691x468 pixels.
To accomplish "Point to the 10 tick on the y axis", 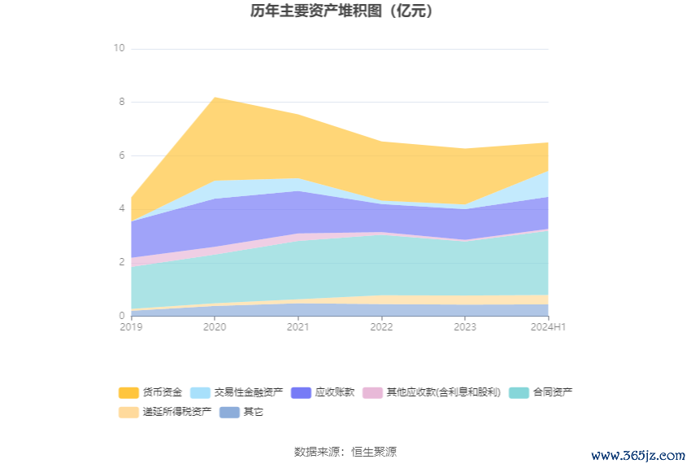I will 119,48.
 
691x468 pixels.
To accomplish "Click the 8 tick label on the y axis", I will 121,102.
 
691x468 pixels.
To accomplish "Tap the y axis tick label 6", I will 121,155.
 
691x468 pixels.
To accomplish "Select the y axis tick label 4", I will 121,208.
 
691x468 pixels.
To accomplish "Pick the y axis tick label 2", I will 121,262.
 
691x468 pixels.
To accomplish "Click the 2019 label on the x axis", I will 131,327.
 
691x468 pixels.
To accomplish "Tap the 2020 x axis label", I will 215,327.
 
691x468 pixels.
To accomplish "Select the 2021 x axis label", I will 298,327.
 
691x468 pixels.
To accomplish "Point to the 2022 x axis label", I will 381,327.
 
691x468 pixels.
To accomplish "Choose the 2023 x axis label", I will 465,327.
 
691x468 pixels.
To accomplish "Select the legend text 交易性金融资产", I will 249,392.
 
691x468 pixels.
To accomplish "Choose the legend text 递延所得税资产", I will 177,412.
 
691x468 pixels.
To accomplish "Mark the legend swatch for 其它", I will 230,412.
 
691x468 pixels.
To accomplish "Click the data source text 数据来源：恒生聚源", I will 345,452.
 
